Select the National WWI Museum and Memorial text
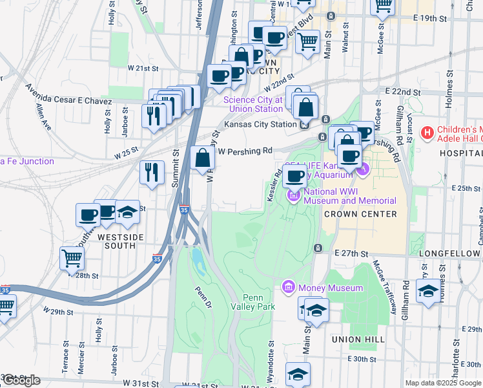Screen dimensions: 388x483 pyautogui.click(x=349, y=196)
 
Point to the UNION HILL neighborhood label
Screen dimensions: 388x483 pyautogui.click(x=358, y=339)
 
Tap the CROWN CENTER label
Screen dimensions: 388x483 pyautogui.click(x=360, y=214)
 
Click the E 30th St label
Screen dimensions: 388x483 pyautogui.click(x=361, y=359)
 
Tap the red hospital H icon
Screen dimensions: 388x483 pyautogui.click(x=426, y=134)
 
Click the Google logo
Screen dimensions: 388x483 pyautogui.click(x=21, y=380)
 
